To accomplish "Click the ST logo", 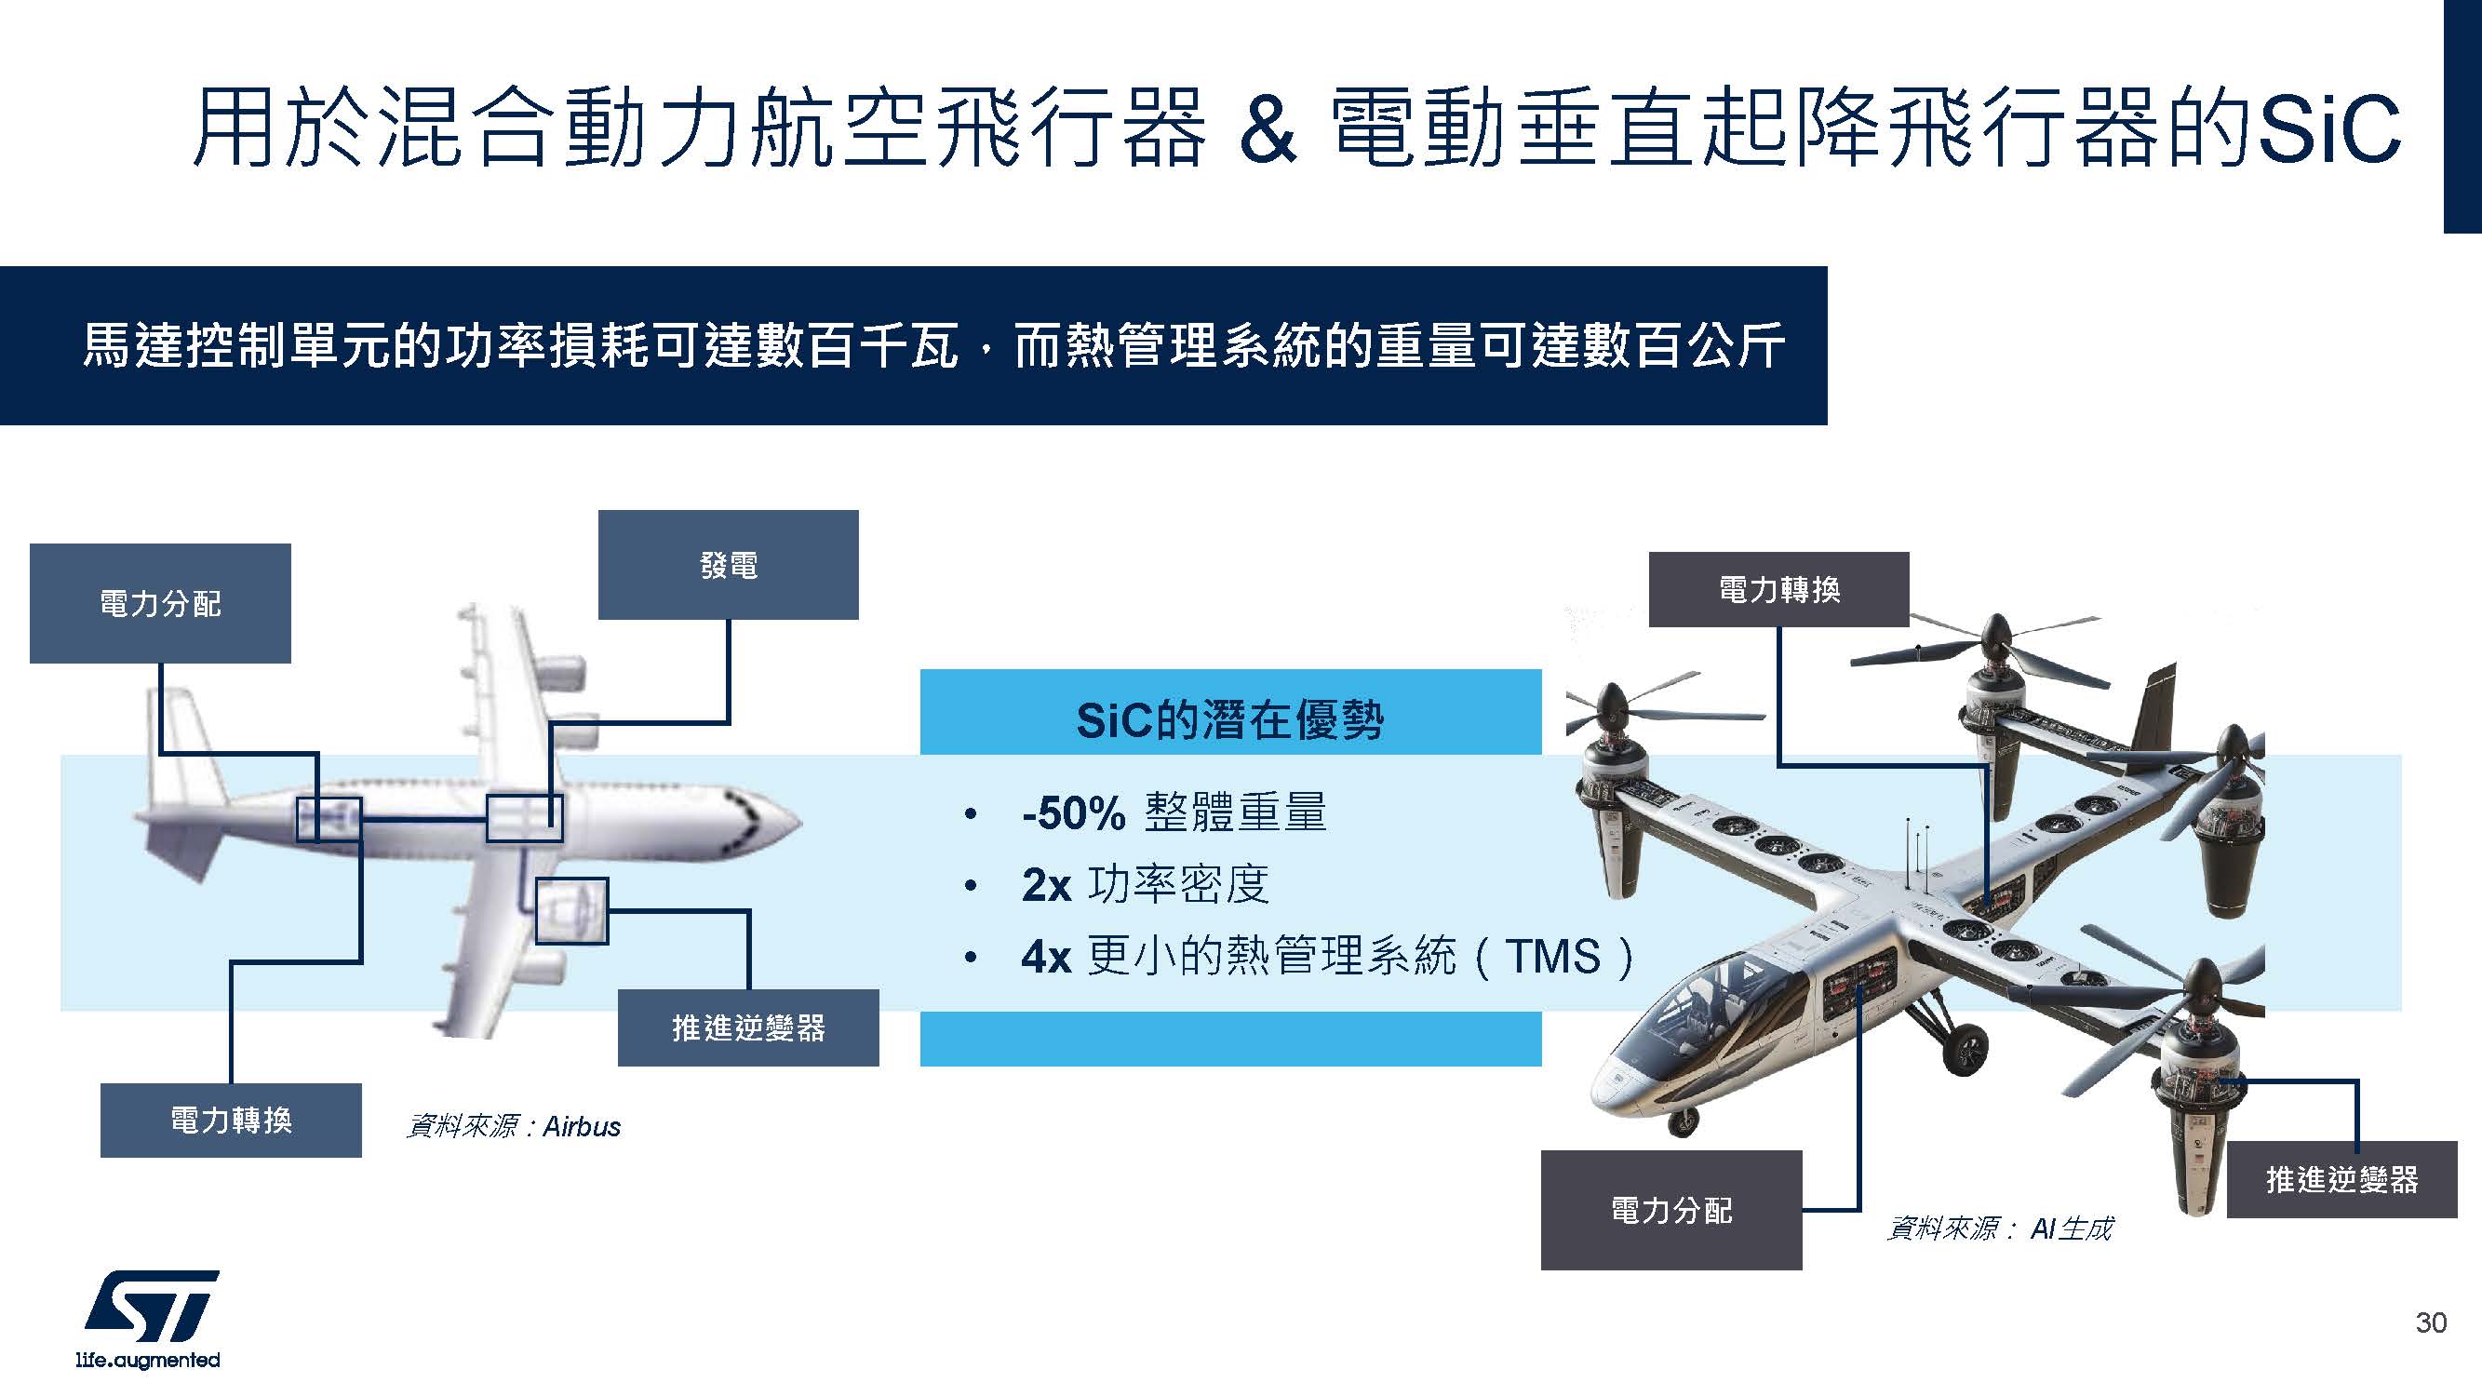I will click(152, 1307).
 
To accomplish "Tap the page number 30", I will click(2430, 1322).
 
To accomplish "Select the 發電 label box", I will click(728, 565).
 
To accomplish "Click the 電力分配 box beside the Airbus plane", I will click(160, 603).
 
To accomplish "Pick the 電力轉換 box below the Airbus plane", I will click(230, 1120).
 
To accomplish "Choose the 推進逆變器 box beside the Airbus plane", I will click(747, 1027).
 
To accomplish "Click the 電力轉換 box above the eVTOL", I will click(1778, 589).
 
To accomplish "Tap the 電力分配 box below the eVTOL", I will click(1670, 1209).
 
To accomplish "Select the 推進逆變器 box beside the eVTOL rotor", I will click(2341, 1179).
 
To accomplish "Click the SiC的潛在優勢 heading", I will click(1229, 719).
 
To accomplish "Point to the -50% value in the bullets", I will click(1073, 813).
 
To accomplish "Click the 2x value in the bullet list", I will click(1046, 884).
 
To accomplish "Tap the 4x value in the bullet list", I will click(1046, 957).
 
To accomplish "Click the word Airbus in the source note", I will click(582, 1126).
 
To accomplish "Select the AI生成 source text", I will click(2071, 1228).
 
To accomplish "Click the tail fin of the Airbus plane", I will click(183, 742).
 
